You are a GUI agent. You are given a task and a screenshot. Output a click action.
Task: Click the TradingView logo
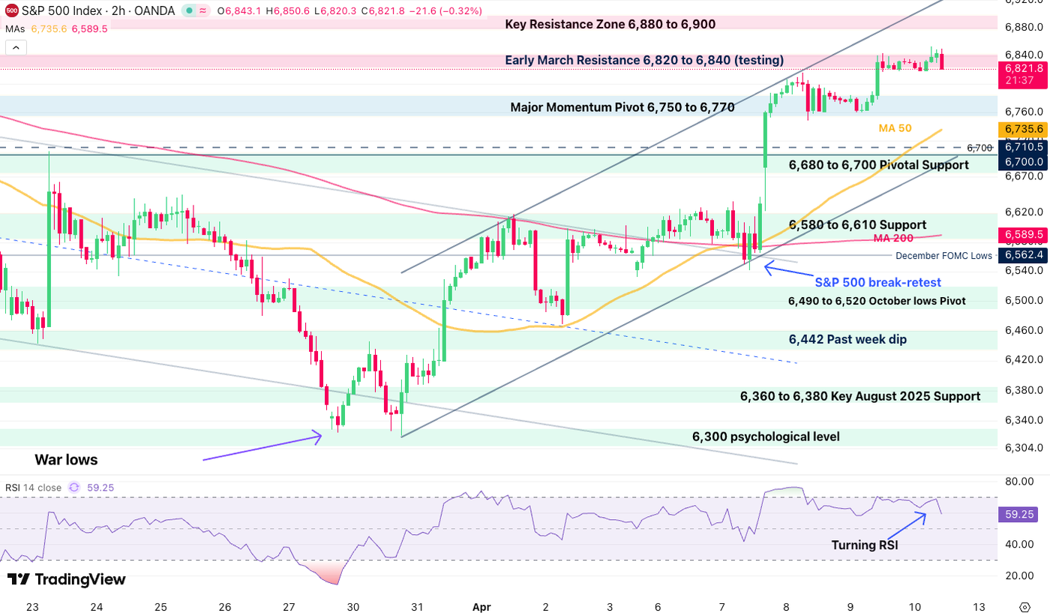pos(67,579)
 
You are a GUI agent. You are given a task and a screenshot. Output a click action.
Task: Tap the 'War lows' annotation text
pos(66,459)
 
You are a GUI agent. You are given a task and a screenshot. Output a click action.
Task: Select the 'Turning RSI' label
pos(864,545)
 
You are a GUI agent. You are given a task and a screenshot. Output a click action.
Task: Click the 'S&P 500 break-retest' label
pos(877,282)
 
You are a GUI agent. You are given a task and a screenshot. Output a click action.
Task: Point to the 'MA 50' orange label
pos(895,128)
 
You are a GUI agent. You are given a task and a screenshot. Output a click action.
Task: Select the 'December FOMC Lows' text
pos(943,256)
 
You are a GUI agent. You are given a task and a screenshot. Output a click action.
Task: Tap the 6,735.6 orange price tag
pos(1023,129)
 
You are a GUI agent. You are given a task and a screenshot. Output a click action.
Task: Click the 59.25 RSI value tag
pos(1021,515)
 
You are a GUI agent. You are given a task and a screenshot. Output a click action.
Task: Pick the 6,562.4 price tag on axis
pos(1023,255)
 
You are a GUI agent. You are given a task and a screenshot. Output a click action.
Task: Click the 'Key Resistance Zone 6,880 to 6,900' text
pos(610,24)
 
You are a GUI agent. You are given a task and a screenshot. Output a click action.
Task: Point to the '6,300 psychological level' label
pos(766,437)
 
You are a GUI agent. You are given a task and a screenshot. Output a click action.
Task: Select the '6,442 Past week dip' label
pos(847,339)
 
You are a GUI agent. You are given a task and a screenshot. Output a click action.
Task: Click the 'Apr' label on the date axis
pos(481,605)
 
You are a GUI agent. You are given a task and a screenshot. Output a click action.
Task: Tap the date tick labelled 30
pos(353,605)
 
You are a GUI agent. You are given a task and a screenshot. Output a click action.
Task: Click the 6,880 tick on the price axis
pos(1022,27)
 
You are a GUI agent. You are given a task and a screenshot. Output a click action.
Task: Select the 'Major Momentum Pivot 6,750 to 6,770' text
pos(622,107)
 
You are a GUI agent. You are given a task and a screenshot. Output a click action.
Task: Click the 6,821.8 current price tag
pos(1023,68)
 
